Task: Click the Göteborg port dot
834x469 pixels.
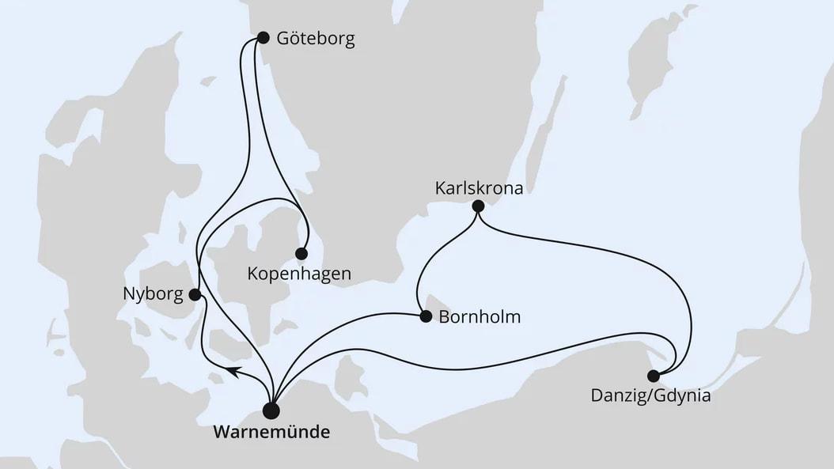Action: click(263, 38)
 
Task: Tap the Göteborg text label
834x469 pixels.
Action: click(315, 39)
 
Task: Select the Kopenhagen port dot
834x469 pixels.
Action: click(301, 254)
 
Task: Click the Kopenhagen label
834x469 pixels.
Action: click(299, 275)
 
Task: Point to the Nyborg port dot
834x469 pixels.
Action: click(195, 295)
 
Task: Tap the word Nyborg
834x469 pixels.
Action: click(152, 295)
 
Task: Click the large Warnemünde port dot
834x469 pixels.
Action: click(271, 410)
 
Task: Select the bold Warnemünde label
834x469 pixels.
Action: click(271, 433)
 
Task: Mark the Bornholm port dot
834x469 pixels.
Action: click(425, 317)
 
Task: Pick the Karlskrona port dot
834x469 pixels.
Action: click(478, 206)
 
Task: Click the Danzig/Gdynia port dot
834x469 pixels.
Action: click(653, 376)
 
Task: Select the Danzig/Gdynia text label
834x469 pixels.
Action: click(650, 396)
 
